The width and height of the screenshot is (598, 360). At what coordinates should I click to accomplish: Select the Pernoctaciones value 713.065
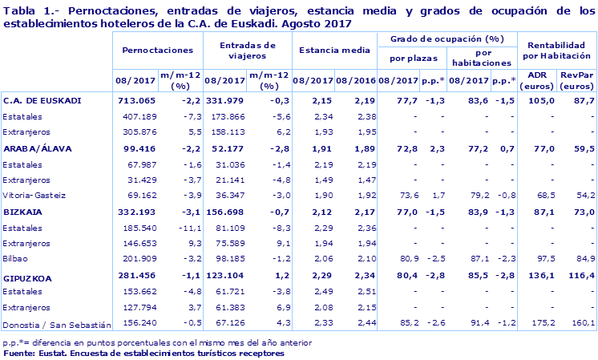coord(135,100)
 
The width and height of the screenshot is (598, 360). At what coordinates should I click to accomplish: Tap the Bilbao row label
coord(16,259)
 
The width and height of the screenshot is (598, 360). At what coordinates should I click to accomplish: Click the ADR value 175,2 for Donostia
coord(543,324)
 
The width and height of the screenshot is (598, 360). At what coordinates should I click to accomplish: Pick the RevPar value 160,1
coord(580,324)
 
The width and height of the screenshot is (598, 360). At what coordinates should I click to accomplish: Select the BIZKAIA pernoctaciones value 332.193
coord(135,212)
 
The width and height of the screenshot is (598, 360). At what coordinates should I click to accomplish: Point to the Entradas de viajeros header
coord(244,51)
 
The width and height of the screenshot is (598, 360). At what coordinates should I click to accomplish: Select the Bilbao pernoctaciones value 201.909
coord(139,259)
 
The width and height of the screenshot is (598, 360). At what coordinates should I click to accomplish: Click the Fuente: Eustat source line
coord(144,352)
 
